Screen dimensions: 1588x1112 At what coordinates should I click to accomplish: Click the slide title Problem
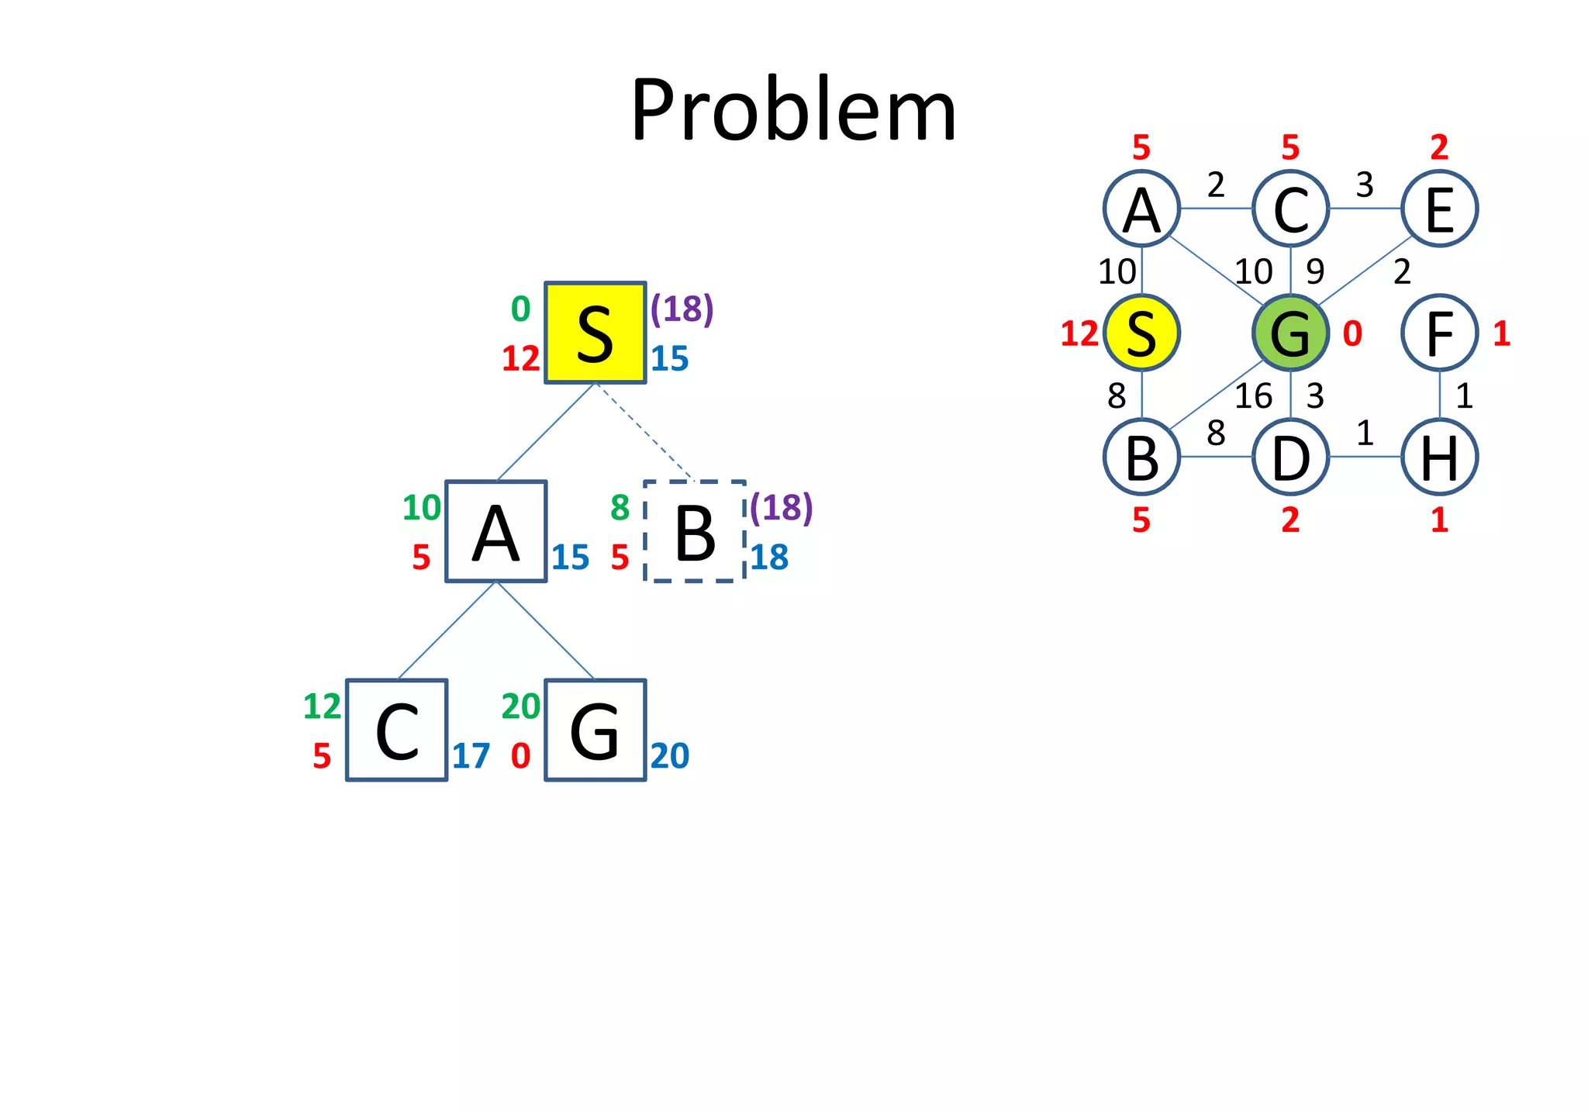[793, 111]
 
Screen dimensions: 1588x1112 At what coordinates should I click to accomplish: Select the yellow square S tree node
[595, 333]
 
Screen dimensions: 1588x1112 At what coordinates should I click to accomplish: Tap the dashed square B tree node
[695, 532]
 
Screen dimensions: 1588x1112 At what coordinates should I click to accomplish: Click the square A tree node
[496, 532]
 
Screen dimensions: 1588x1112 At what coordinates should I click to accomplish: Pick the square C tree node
[396, 730]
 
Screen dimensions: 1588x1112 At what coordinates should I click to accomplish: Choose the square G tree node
[595, 730]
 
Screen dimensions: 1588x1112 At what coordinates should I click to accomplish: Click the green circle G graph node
[1290, 333]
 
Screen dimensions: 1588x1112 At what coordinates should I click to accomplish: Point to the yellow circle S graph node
[1141, 333]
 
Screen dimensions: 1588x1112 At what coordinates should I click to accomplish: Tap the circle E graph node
[1439, 209]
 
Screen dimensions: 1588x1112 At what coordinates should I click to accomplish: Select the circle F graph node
[1439, 333]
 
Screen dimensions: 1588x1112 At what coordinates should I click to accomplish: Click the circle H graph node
[1439, 458]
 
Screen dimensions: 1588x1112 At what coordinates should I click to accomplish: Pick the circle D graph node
[1290, 458]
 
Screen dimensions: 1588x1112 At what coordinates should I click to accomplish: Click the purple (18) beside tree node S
[682, 309]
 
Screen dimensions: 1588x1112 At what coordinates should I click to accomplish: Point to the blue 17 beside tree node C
[471, 756]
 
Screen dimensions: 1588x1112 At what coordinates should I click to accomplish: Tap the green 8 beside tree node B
[620, 508]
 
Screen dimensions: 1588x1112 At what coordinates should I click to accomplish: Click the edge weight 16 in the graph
[1253, 396]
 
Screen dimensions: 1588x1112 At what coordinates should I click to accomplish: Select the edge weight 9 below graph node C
[1315, 271]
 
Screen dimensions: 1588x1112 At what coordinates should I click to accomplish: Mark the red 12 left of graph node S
[1079, 334]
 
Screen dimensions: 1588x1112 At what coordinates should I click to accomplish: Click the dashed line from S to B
[644, 431]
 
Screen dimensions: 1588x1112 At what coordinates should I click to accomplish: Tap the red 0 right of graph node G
[1352, 334]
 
